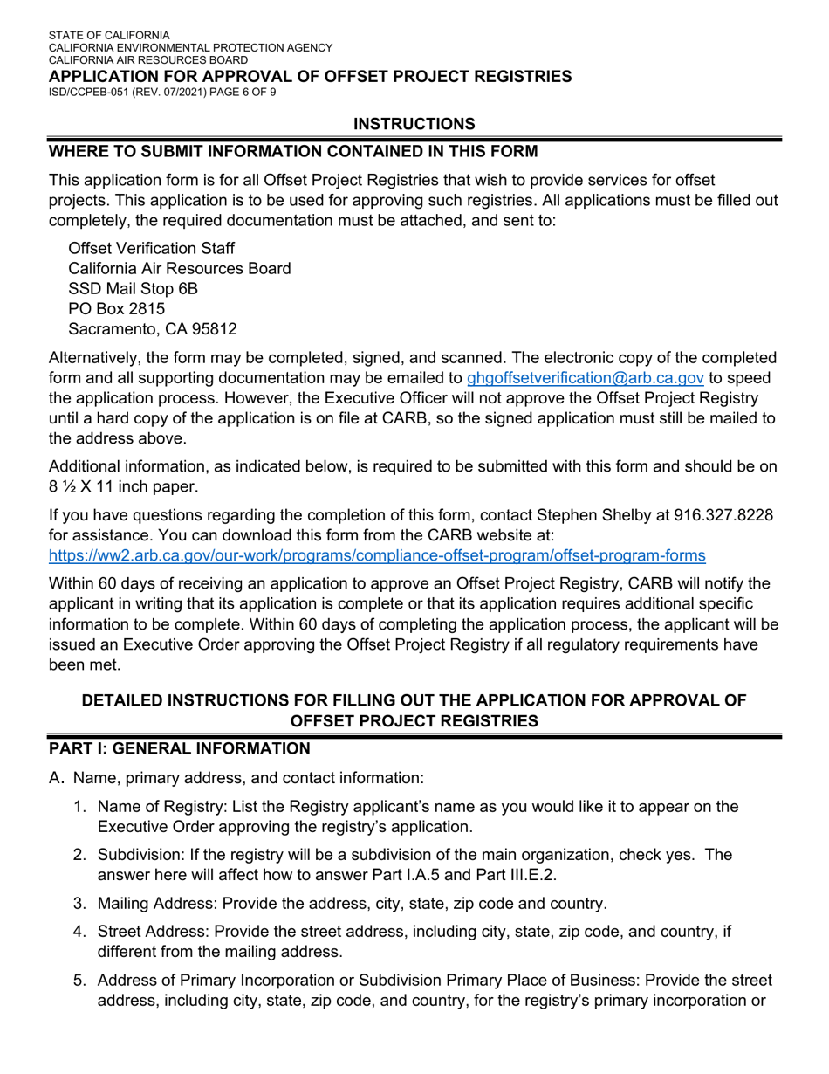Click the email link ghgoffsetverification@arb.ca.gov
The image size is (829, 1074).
coord(586,378)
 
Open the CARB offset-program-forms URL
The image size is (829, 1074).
coord(377,555)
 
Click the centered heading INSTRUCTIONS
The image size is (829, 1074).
coord(414,124)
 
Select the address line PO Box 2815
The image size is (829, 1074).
coord(116,308)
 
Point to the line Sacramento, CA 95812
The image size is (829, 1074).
coord(153,329)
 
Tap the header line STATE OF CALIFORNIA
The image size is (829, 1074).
coord(109,36)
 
